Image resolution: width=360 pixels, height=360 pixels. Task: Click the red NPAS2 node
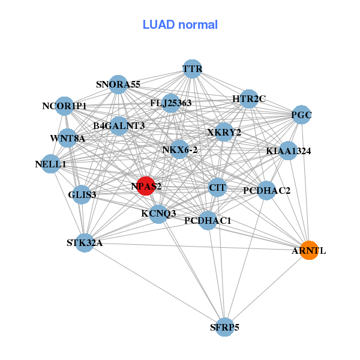point(146,186)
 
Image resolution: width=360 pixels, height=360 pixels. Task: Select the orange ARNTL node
point(308,250)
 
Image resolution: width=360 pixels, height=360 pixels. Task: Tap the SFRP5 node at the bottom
point(224,327)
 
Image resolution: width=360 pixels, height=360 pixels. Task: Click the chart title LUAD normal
point(180,25)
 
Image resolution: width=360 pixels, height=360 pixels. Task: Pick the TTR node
point(191,69)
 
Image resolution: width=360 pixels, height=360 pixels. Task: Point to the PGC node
point(301,115)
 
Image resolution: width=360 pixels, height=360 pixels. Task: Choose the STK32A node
point(85,243)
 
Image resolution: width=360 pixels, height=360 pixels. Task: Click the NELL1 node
point(50,164)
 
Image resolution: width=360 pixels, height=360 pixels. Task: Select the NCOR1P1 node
point(64,106)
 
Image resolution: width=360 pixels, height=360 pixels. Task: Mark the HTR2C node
point(249,99)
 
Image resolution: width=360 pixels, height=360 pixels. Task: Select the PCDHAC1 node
point(208,220)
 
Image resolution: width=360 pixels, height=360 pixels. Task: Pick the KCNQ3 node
point(158,213)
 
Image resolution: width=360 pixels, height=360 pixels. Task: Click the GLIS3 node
point(82,194)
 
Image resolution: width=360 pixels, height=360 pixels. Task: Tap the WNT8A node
point(68,139)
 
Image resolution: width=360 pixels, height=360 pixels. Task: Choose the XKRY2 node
point(224,132)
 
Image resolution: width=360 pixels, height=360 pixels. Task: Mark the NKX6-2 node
point(179,149)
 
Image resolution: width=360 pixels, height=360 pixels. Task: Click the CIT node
point(217,188)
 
